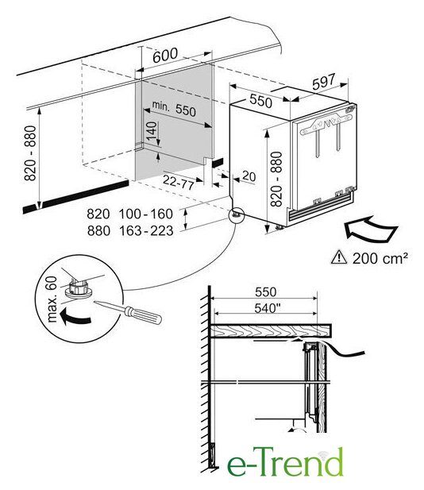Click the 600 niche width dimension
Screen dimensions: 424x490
tap(165, 56)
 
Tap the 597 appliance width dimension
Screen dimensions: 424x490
tap(324, 82)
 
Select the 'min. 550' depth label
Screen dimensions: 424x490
tap(174, 109)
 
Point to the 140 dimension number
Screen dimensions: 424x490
tap(152, 131)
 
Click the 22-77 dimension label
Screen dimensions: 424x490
tap(179, 182)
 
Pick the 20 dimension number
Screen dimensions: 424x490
tap(249, 176)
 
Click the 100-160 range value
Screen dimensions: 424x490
tap(146, 214)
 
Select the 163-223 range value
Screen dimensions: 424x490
tap(146, 231)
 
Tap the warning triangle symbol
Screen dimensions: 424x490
tap(339, 257)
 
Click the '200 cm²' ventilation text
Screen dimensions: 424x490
tap(380, 258)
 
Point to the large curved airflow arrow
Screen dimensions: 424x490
tap(370, 229)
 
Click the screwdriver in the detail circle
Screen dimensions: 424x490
tap(128, 312)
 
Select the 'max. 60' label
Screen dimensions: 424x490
tap(52, 299)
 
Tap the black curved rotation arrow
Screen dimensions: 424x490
tap(75, 317)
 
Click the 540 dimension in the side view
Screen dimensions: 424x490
tap(267, 308)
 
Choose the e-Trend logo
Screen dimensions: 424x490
tap(285, 461)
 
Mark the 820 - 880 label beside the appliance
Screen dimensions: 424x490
tap(276, 179)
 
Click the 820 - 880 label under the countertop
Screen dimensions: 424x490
tap(30, 153)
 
